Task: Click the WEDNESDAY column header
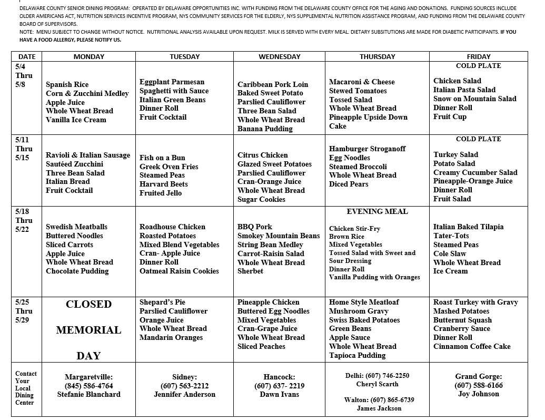[279, 56]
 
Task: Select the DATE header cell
[27, 56]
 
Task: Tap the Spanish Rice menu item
[67, 84]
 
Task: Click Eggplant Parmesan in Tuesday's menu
[172, 82]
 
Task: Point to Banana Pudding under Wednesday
[265, 129]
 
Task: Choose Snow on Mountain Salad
[474, 99]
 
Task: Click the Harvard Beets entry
[163, 184]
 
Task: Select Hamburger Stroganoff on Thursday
[367, 149]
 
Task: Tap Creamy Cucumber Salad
[475, 172]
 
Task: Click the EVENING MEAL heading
[377, 211]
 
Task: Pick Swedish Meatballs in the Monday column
[76, 227]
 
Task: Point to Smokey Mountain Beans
[279, 236]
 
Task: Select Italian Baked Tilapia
[468, 227]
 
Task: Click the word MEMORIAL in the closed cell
[88, 330]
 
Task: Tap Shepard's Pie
[162, 302]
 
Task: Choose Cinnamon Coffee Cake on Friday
[472, 346]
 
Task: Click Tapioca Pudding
[357, 355]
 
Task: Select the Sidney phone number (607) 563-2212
[184, 386]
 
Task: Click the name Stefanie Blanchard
[88, 394]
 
